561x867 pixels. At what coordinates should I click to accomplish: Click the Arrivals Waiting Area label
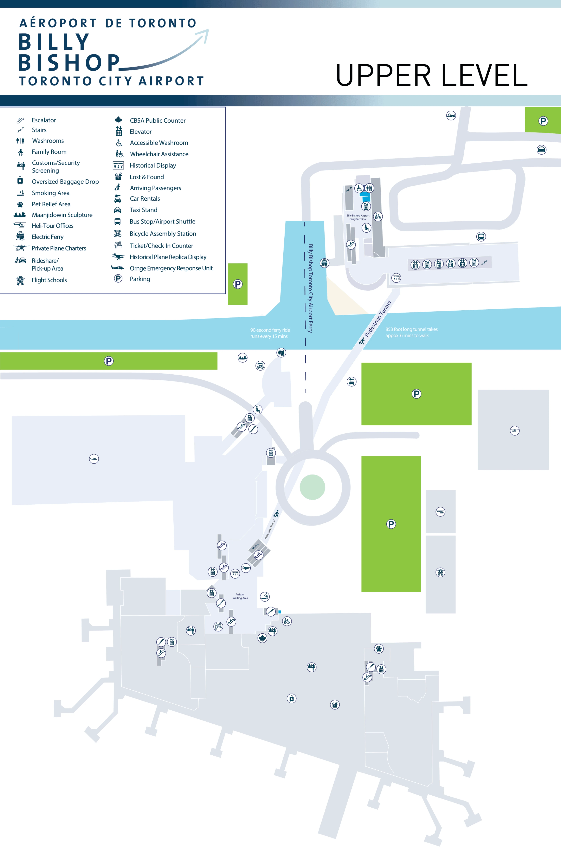240,596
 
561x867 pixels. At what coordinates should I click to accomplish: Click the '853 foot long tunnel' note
411,332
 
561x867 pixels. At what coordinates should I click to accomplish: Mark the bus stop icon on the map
481,237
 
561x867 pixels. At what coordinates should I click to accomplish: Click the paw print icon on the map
379,648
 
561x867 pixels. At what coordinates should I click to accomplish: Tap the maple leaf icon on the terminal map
262,638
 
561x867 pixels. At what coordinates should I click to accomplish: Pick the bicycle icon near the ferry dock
260,365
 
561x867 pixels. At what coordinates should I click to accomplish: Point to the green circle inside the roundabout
312,487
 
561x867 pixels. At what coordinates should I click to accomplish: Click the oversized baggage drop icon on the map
292,698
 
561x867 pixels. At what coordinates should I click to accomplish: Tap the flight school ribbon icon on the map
440,572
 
